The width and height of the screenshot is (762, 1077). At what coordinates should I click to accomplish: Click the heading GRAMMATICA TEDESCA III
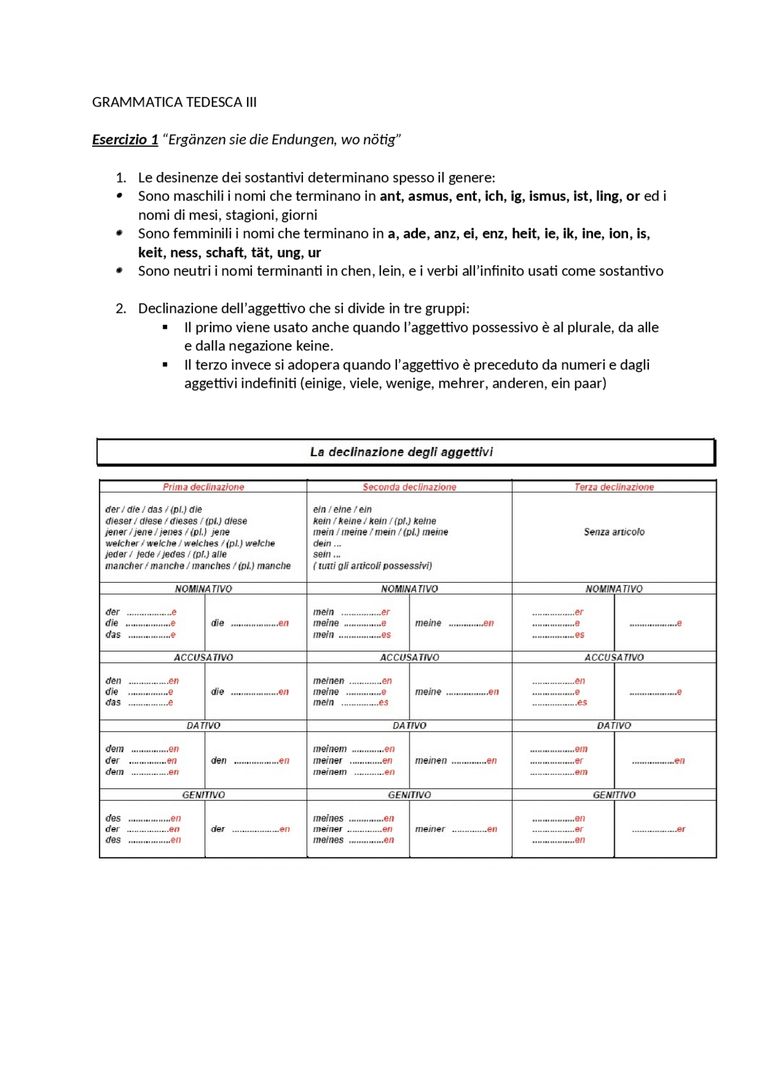tap(174, 102)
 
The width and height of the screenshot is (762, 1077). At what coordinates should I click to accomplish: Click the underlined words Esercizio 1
tap(125, 140)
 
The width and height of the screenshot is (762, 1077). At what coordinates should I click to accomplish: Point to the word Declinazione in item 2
tap(179, 309)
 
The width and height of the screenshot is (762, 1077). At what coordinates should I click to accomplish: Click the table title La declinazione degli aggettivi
tap(401, 452)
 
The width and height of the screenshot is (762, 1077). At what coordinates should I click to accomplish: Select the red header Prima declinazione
tap(203, 487)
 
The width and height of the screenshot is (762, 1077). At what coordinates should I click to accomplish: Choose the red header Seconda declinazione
tap(409, 487)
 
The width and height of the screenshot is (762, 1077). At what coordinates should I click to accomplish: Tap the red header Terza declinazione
tap(614, 487)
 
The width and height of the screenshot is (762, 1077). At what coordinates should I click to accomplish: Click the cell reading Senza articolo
tap(614, 532)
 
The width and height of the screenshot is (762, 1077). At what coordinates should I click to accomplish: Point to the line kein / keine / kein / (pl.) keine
tap(374, 521)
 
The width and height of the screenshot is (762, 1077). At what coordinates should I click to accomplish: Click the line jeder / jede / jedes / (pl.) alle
tap(165, 554)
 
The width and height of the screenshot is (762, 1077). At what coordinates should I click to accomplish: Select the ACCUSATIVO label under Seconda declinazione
tap(409, 657)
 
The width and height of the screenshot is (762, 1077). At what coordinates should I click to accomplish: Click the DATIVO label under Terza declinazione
tap(614, 726)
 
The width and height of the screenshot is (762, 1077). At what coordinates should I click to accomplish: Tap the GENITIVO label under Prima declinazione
tap(203, 795)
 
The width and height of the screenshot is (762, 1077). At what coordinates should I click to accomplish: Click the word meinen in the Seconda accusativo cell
tap(329, 680)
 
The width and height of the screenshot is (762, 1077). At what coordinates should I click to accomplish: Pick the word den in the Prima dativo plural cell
tap(218, 761)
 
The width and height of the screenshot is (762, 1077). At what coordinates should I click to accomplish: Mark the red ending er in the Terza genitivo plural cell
tap(681, 829)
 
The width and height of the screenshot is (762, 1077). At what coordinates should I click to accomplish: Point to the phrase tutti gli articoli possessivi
tap(373, 566)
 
